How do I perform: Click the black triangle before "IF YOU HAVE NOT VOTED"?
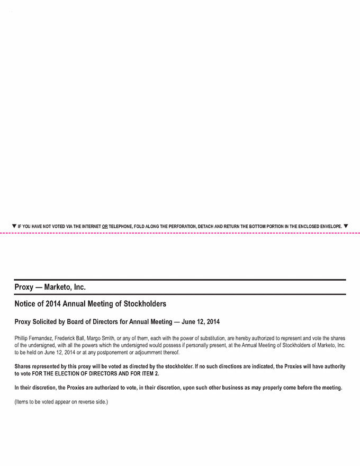14,226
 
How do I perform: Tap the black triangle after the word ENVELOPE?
346,226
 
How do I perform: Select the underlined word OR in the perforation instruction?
105,227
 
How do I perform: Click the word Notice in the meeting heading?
26,304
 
